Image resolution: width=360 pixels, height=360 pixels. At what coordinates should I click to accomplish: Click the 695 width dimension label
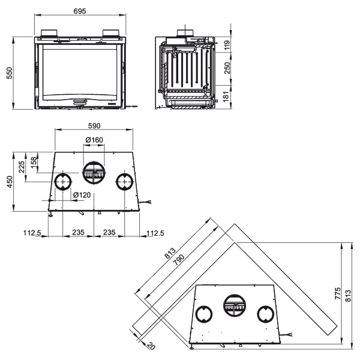click(x=80, y=11)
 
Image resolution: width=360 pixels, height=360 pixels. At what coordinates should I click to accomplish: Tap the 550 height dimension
click(x=10, y=73)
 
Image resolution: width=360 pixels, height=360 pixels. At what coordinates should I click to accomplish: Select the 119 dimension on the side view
click(x=227, y=45)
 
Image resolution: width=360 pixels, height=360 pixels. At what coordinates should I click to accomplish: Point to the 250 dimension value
click(x=227, y=68)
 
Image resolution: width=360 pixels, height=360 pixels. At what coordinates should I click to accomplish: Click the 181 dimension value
click(x=226, y=96)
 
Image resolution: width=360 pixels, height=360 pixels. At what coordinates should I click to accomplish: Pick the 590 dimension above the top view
click(x=94, y=126)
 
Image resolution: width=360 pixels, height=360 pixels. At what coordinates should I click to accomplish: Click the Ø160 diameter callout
click(x=94, y=140)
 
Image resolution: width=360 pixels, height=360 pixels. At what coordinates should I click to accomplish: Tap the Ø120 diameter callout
click(x=82, y=195)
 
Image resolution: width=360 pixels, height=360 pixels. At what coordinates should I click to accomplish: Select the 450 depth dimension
click(x=10, y=182)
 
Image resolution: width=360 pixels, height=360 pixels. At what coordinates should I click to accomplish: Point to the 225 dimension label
click(x=22, y=167)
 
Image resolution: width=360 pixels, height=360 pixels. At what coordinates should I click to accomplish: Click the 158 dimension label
click(x=34, y=162)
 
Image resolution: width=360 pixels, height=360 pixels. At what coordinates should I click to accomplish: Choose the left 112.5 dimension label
click(x=32, y=233)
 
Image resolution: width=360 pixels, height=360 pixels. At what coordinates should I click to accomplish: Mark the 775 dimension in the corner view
click(x=338, y=293)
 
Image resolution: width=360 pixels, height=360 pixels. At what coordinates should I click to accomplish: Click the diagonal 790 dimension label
click(x=179, y=260)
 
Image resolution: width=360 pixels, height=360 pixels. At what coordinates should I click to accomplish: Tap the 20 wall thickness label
click(x=151, y=346)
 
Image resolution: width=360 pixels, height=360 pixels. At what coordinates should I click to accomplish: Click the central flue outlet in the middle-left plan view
click(x=94, y=173)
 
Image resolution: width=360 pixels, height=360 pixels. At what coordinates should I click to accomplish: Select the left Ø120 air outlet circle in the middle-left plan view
click(x=62, y=182)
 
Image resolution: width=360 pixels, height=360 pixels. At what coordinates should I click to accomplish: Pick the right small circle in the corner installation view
click(x=266, y=314)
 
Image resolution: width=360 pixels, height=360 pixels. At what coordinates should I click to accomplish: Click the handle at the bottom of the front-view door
click(x=80, y=101)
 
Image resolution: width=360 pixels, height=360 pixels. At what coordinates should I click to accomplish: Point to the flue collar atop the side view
click(x=185, y=33)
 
